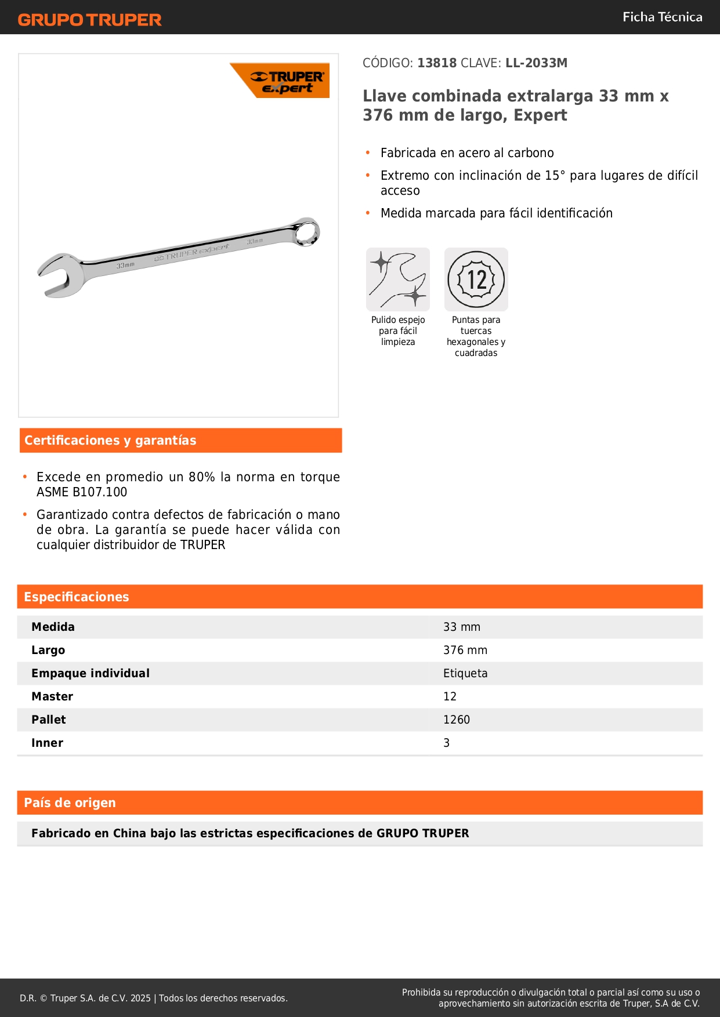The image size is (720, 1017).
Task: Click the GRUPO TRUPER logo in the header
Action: (90, 20)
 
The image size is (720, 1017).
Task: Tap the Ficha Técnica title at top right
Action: (662, 17)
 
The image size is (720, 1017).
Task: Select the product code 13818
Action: (437, 63)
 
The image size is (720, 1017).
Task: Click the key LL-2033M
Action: (536, 63)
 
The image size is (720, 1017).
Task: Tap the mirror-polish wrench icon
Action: (398, 279)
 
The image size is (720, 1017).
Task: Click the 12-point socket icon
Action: (476, 279)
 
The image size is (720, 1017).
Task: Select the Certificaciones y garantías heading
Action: (110, 441)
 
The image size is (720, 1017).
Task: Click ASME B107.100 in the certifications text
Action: (82, 492)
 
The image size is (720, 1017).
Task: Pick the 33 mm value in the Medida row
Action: (462, 627)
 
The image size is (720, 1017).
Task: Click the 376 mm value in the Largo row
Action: (465, 651)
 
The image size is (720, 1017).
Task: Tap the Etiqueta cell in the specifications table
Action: (465, 674)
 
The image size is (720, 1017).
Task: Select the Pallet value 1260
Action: (457, 720)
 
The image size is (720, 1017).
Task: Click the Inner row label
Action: (48, 743)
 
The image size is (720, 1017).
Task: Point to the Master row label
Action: (52, 697)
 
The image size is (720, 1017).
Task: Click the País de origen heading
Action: (70, 803)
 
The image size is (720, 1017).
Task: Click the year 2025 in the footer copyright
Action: (140, 998)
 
